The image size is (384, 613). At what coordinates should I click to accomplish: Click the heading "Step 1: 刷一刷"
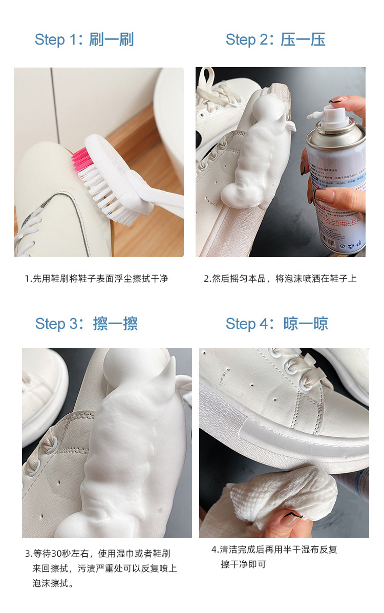click(x=84, y=39)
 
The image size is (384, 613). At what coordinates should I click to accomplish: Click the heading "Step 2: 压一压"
click(x=275, y=39)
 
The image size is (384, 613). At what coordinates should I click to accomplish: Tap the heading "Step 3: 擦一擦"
click(x=86, y=324)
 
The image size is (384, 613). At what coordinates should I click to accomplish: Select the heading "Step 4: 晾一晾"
click(x=276, y=324)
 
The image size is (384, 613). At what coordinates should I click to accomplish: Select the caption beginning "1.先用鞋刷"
click(x=96, y=279)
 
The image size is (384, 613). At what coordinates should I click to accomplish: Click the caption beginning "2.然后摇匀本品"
click(x=280, y=279)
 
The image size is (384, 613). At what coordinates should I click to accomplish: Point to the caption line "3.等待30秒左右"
click(x=97, y=554)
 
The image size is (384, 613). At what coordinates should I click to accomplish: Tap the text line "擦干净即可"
click(x=244, y=565)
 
